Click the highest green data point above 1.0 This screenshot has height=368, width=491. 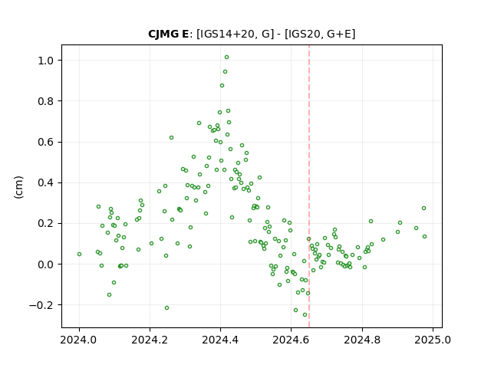tap(227, 58)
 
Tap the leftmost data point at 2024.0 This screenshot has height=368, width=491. tap(79, 254)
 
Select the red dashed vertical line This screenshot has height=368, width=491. tap(309, 186)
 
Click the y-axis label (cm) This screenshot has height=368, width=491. tap(18, 187)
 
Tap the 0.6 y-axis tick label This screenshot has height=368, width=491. tap(46, 142)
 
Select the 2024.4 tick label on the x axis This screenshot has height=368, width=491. tap(220, 340)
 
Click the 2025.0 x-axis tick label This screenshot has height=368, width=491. tap(433, 340)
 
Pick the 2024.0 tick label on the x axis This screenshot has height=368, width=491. tap(79, 340)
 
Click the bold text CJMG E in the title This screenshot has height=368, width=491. tap(169, 34)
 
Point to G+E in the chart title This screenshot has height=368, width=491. tap(339, 34)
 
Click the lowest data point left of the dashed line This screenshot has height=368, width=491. tap(305, 314)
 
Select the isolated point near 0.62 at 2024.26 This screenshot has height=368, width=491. tap(171, 138)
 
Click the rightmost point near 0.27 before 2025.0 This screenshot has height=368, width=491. tap(423, 208)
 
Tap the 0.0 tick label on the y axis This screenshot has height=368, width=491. tap(46, 264)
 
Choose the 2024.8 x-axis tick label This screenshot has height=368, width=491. tap(362, 340)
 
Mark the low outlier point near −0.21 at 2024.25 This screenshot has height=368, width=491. tap(167, 308)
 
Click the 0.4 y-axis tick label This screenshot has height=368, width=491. tap(46, 182)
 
